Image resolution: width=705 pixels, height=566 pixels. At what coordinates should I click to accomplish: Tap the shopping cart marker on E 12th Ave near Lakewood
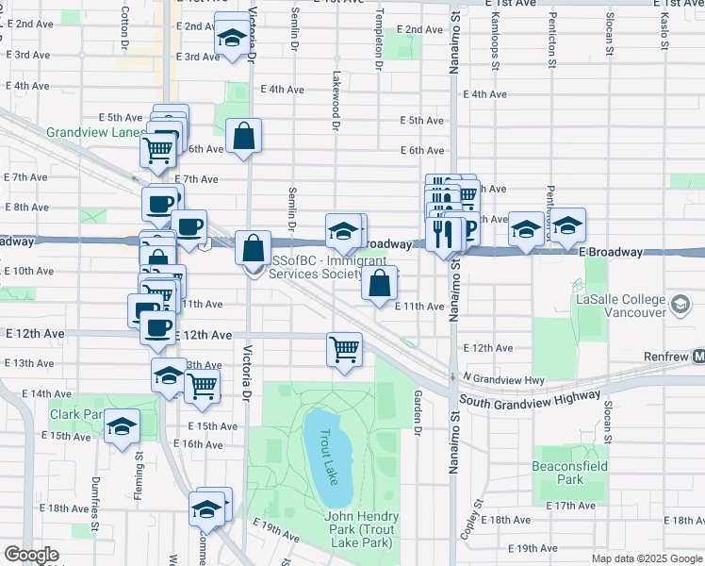click(x=345, y=348)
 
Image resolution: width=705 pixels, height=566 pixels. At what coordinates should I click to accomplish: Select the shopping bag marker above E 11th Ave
click(x=379, y=282)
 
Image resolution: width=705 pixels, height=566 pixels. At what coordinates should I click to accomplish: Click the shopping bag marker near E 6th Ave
click(x=244, y=136)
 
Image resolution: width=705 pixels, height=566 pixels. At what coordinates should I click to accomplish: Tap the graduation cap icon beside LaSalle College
click(x=680, y=304)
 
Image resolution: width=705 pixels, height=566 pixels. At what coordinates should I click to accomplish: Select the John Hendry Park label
click(x=361, y=530)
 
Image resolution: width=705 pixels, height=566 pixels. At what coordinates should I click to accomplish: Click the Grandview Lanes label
click(x=93, y=133)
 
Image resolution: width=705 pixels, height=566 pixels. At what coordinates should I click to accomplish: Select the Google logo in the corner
click(x=31, y=555)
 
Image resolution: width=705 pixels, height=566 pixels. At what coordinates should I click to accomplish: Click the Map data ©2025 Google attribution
click(x=647, y=558)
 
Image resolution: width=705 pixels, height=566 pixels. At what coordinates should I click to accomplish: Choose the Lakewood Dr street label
click(x=335, y=94)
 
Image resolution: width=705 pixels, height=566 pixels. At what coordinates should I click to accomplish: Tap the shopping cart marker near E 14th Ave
click(x=202, y=385)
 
